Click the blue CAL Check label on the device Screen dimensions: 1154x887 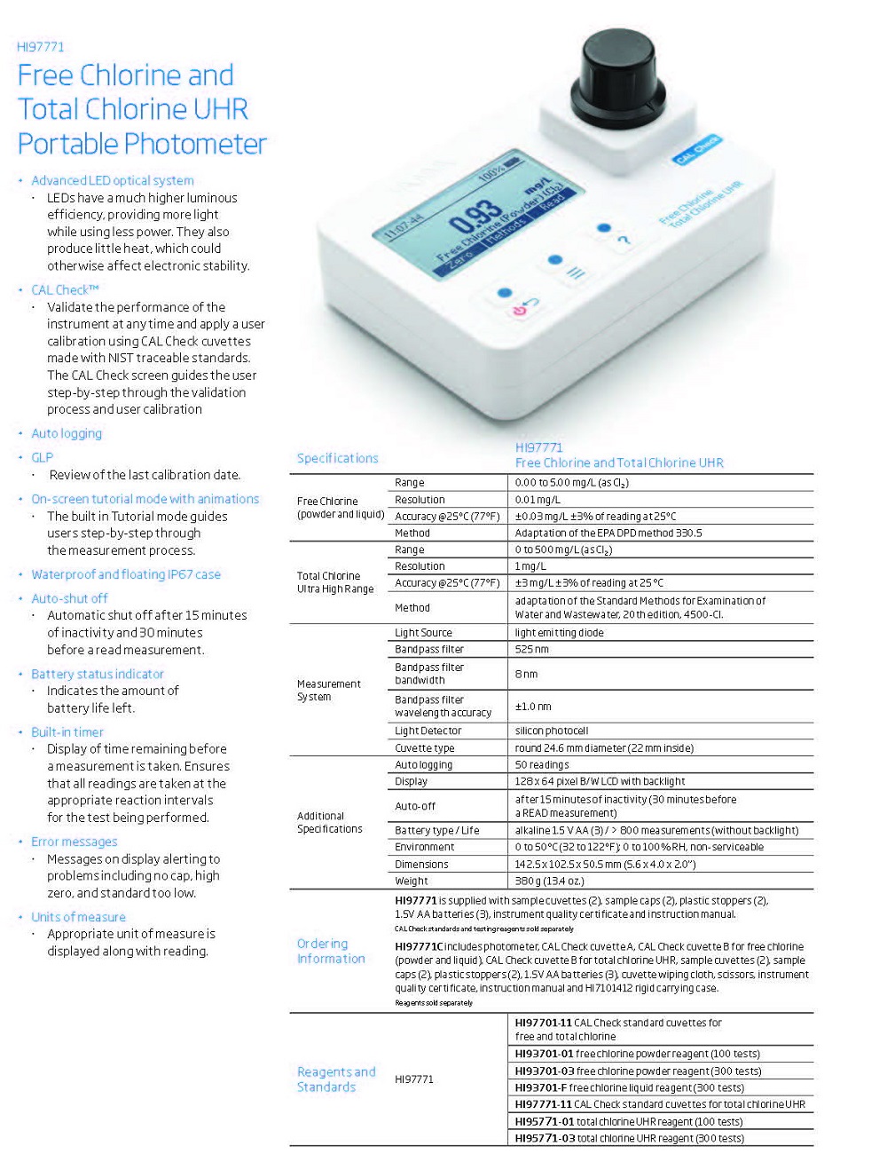(x=697, y=150)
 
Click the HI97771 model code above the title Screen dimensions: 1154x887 (x=41, y=47)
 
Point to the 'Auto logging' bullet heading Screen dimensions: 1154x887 (x=67, y=433)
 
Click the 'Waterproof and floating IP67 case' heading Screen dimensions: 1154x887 (x=126, y=574)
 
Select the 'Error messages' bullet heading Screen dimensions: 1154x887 (x=74, y=842)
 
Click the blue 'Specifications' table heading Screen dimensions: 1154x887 (x=337, y=458)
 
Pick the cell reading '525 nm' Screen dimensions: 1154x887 (x=532, y=649)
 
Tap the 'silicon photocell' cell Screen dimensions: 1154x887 (x=552, y=731)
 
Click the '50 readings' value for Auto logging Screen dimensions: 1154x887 (x=542, y=764)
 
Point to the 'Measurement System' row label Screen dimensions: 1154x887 (x=328, y=690)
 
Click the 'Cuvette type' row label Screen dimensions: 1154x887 (x=424, y=747)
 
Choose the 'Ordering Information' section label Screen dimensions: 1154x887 (x=331, y=951)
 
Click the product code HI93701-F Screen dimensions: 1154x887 (x=540, y=1087)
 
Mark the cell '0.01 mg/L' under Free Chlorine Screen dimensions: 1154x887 (x=538, y=500)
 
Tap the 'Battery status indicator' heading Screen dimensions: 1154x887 (x=98, y=674)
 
